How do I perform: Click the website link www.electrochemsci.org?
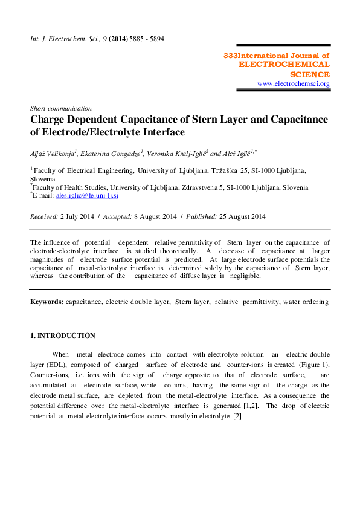click(x=294, y=84)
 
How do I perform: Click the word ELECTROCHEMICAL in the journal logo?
click(x=284, y=64)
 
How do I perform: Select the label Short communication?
click(x=61, y=108)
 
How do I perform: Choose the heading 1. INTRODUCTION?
click(x=63, y=336)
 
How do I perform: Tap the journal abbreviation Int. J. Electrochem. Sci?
click(x=59, y=39)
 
